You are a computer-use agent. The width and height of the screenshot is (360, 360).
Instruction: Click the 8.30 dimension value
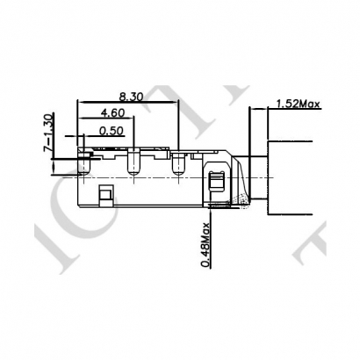click(x=132, y=96)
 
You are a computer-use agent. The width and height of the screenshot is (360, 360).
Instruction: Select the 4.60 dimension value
click(x=112, y=113)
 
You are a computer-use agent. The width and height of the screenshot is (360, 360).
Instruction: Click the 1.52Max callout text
click(x=297, y=104)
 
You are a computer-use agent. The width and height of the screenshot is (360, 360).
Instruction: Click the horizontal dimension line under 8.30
click(x=132, y=102)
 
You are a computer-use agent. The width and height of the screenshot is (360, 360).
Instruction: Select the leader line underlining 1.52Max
click(x=294, y=110)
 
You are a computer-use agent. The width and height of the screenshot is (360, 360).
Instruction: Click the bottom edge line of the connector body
click(x=140, y=206)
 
